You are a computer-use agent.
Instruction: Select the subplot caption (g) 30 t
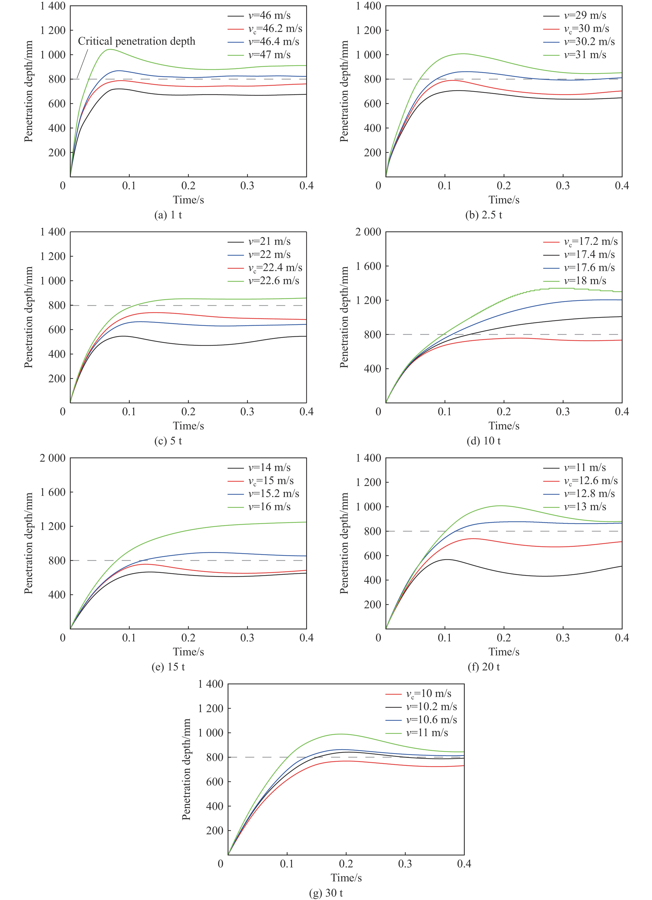[x=326, y=893]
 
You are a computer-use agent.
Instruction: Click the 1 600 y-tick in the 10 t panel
[x=368, y=266]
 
